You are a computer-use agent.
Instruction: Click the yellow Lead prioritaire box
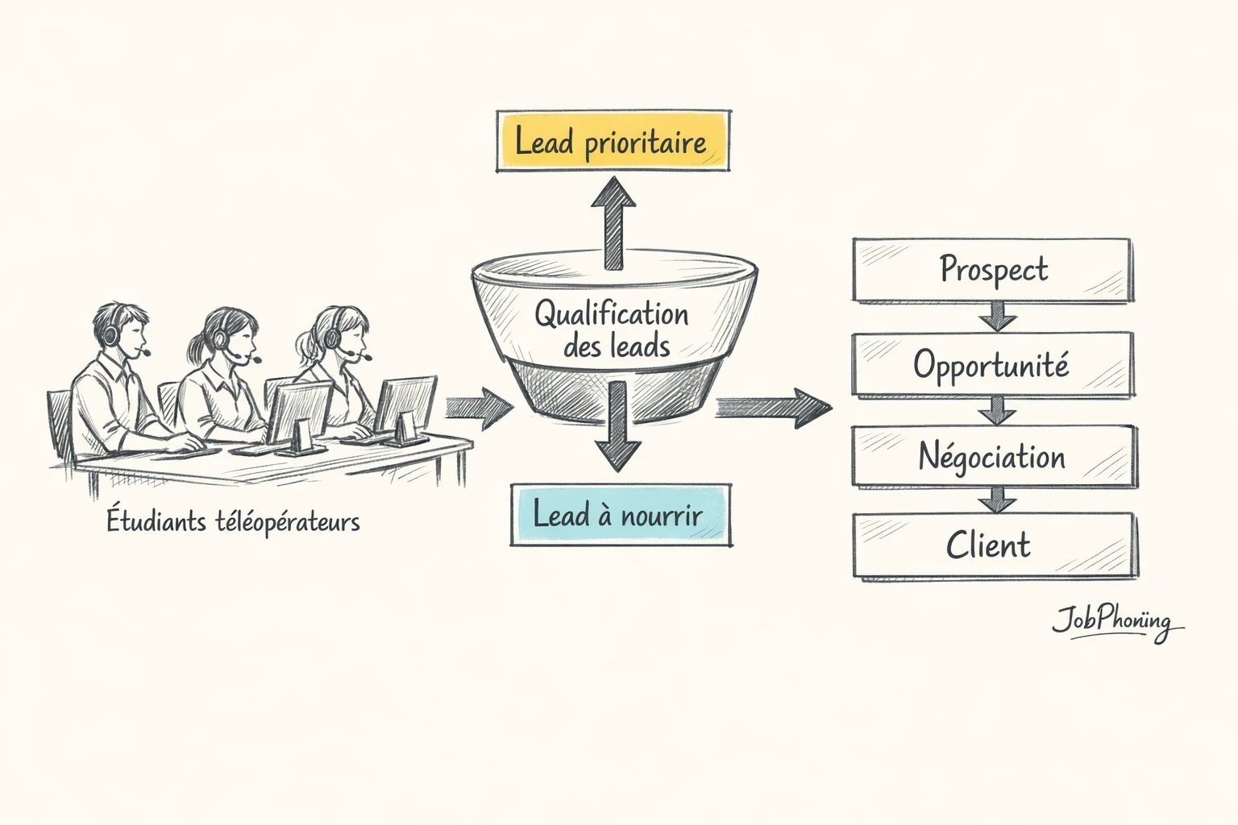pyautogui.click(x=613, y=141)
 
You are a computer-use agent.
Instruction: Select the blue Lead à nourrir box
pyautogui.click(x=621, y=515)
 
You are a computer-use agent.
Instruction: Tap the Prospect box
pyautogui.click(x=993, y=270)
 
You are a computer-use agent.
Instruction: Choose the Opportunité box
pyautogui.click(x=993, y=365)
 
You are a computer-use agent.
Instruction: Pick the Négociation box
pyautogui.click(x=993, y=457)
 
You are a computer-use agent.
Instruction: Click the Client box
pyautogui.click(x=993, y=545)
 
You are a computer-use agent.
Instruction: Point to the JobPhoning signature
pyautogui.click(x=1115, y=622)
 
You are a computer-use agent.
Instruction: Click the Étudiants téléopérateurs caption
pyautogui.click(x=233, y=521)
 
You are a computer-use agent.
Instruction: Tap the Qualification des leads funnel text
pyautogui.click(x=613, y=329)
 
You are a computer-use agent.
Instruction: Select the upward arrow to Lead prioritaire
pyautogui.click(x=615, y=222)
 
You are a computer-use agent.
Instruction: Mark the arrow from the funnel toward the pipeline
pyautogui.click(x=774, y=407)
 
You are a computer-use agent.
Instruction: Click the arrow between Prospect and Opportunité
pyautogui.click(x=997, y=317)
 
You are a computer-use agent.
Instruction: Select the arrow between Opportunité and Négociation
pyautogui.click(x=997, y=410)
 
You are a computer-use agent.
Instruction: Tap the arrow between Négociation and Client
pyautogui.click(x=997, y=500)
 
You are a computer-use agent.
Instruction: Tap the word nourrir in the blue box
pyautogui.click(x=661, y=516)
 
